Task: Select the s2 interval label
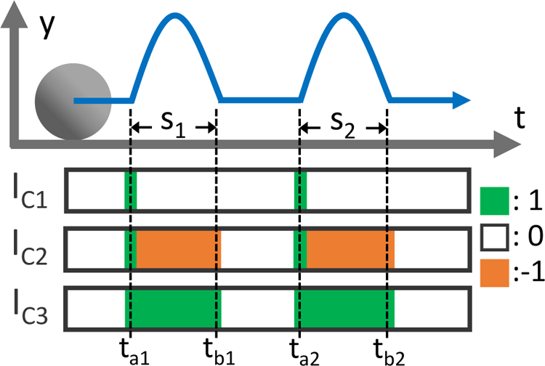(343, 125)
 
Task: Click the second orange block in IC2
(350, 248)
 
